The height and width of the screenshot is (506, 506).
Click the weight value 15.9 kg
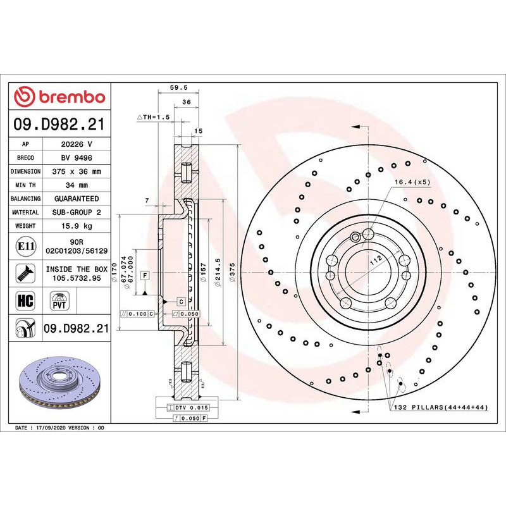point(77,226)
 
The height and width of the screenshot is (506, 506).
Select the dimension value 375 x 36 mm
point(77,171)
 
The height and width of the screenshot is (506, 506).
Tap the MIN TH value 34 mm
point(77,185)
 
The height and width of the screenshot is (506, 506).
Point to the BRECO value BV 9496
point(77,158)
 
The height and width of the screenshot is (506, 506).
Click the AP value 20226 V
point(77,144)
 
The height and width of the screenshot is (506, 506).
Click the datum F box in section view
point(145,275)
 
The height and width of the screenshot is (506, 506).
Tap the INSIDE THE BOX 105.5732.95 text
point(77,273)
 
